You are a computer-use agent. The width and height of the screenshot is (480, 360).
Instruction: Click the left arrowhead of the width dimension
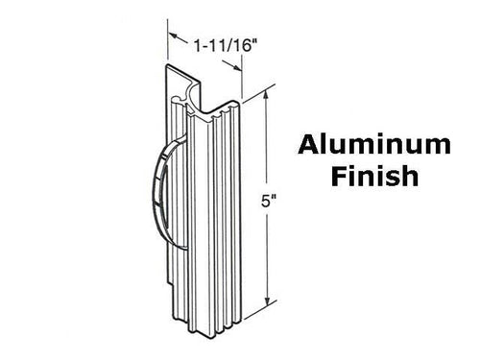click(172, 38)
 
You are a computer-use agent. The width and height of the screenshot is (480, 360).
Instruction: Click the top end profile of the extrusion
click(197, 82)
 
